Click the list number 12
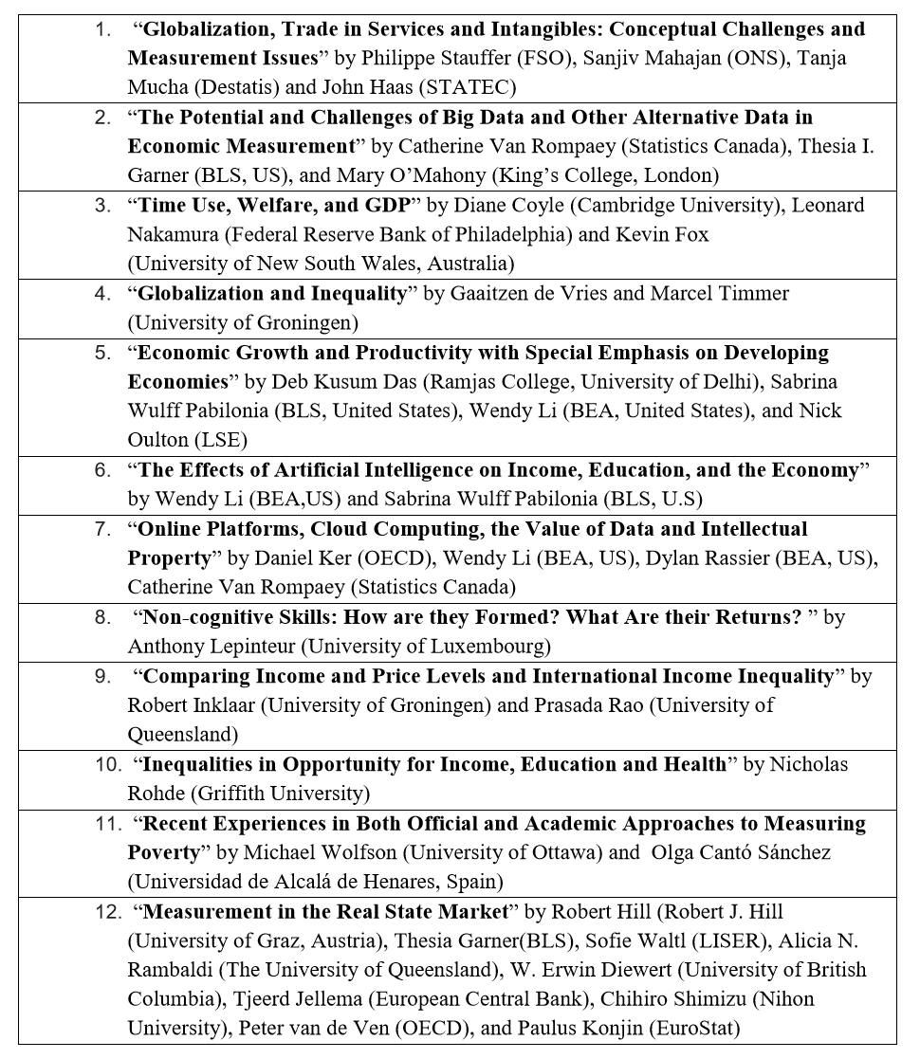[x=107, y=912]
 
